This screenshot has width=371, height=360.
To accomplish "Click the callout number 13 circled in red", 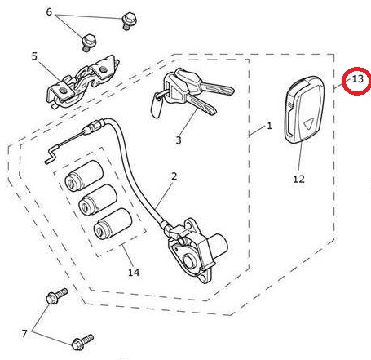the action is [x=357, y=79].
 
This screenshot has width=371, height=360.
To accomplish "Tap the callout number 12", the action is [x=298, y=179].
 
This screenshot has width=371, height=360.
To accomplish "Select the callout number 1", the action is [x=269, y=126].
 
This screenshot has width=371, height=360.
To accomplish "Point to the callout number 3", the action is [x=179, y=140].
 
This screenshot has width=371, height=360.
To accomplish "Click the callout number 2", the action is [x=174, y=176].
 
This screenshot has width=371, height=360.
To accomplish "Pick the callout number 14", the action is [x=134, y=272].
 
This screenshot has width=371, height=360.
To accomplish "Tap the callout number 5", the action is [x=34, y=56].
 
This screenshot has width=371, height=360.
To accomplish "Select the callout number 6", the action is [x=49, y=11].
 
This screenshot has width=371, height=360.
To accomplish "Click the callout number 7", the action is [x=24, y=333].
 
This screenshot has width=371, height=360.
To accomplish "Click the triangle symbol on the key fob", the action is [x=308, y=124].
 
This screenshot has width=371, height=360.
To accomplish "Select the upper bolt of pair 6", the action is [x=128, y=20].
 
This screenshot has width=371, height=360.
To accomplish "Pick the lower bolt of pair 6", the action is [x=88, y=42].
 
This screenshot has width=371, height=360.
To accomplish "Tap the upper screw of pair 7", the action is [x=57, y=296].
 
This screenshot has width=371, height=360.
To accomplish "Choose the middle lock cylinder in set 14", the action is [x=98, y=200].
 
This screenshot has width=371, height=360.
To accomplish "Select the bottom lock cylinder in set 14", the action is [x=113, y=224].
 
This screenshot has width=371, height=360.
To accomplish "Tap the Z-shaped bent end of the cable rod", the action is [x=51, y=155].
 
